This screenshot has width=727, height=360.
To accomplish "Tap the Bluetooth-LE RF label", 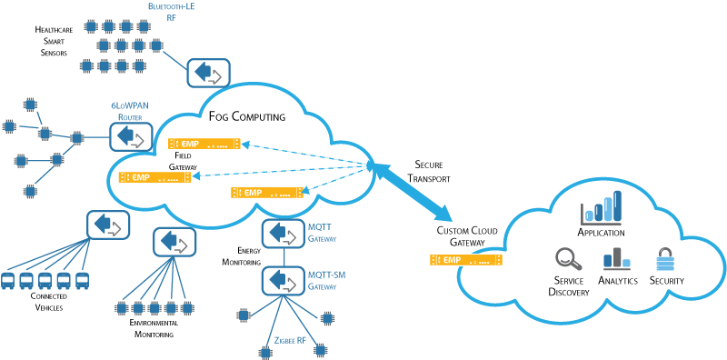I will coord(172,12).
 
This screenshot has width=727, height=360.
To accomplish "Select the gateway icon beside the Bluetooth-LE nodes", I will coord(208,73).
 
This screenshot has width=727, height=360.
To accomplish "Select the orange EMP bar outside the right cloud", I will coord(465,260).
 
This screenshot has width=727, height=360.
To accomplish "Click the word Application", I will coord(601,233).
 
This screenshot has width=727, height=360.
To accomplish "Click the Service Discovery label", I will coord(570,286).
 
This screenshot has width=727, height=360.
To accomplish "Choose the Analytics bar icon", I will coord(616,258).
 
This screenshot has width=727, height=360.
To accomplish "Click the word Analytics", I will coord(618,282).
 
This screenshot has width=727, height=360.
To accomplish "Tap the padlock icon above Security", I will coord(666,258).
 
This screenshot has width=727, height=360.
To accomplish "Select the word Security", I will coord(667,282).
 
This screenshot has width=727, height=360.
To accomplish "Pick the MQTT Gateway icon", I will coord(284,234).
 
